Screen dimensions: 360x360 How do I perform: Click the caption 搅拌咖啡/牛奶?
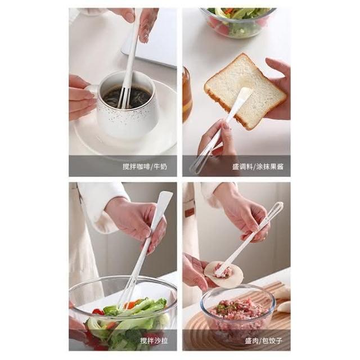click(x=145, y=166)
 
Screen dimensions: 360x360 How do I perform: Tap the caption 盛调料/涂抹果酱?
click(x=258, y=166)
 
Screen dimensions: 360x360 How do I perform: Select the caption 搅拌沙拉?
click(x=154, y=340)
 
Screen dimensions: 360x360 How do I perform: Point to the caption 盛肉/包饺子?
click(x=263, y=340)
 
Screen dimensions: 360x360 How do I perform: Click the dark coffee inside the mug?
click(x=127, y=97)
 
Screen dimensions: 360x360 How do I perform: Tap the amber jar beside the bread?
click(x=187, y=94)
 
